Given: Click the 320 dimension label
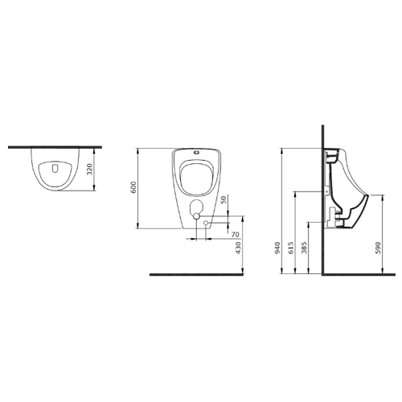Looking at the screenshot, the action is point(90,169).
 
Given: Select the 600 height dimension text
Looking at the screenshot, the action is point(133,187).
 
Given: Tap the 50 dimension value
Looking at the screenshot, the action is point(224,199).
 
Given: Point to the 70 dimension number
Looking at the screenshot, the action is point(235,235).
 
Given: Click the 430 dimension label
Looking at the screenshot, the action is point(238,248).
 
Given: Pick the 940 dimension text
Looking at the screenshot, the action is point(277,248).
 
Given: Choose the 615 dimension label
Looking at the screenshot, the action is point(291,248).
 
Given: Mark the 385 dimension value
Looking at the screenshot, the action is point(304,248).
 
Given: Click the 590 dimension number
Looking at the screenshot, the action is point(378,248).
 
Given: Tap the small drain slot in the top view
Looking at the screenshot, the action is point(55,168).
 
